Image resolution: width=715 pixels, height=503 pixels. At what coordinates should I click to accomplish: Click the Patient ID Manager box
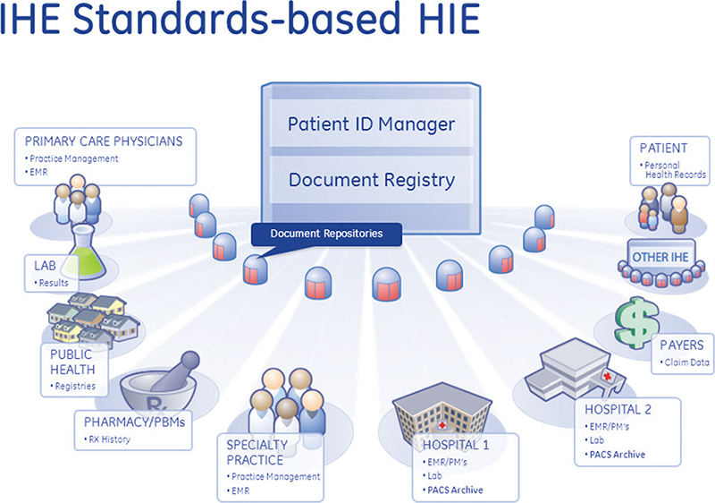click(371, 124)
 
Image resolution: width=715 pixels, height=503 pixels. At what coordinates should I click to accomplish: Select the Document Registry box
click(371, 180)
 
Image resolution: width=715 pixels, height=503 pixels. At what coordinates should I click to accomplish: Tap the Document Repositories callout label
click(326, 234)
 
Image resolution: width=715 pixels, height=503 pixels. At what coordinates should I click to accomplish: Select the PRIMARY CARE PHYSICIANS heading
click(103, 141)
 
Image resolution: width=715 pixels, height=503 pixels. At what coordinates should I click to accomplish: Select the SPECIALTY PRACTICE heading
click(257, 452)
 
